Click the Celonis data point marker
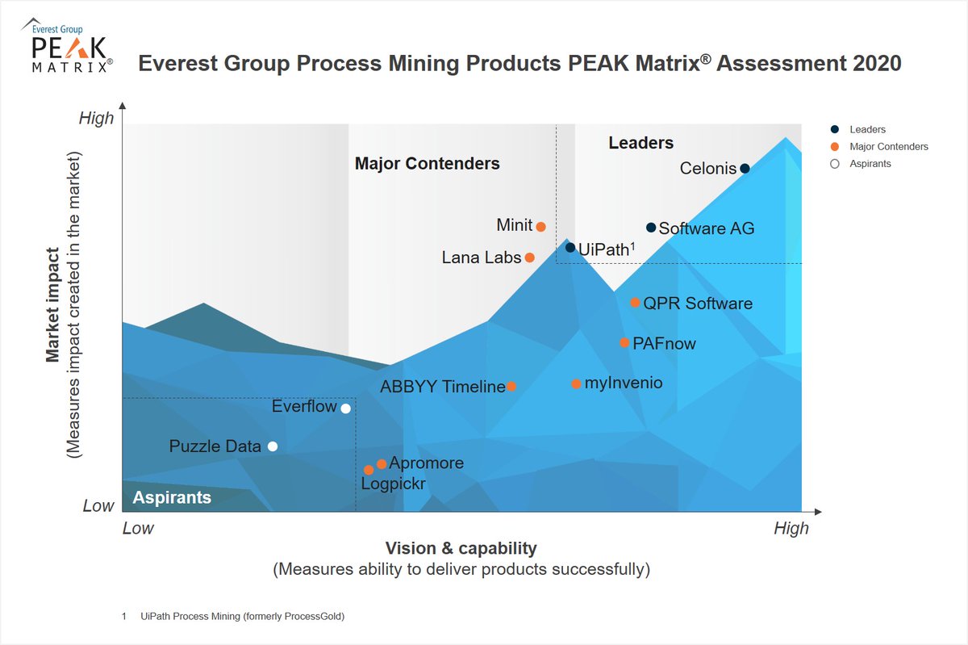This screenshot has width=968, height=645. (x=745, y=169)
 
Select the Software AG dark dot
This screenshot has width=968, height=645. (x=651, y=228)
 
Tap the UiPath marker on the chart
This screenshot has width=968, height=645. (x=570, y=248)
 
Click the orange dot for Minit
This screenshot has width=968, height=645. (x=541, y=227)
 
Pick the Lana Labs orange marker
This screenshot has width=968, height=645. (x=530, y=258)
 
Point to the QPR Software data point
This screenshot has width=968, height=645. (x=635, y=303)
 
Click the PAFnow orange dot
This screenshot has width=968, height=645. (x=624, y=343)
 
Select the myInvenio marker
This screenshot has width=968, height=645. (x=576, y=384)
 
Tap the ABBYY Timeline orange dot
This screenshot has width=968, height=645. (x=511, y=387)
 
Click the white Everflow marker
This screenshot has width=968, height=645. (x=346, y=408)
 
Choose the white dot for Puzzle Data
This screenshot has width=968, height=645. (x=273, y=446)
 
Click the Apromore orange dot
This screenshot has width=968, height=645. (x=382, y=464)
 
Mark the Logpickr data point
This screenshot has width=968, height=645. (x=369, y=470)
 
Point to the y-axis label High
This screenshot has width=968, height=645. (x=96, y=119)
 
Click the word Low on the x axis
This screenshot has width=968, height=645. (x=138, y=528)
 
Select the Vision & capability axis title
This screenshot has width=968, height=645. (x=461, y=548)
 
